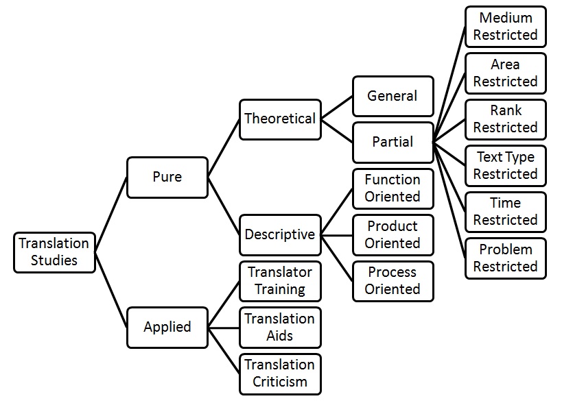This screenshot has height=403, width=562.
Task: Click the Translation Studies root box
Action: [55, 252]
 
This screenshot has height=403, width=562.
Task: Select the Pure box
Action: [167, 177]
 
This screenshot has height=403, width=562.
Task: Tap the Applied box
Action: [167, 327]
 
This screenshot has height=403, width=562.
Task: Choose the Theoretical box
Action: [280, 119]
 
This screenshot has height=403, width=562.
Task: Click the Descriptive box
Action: [280, 234]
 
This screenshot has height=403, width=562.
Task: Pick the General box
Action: [393, 96]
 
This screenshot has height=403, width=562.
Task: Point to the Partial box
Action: [393, 142]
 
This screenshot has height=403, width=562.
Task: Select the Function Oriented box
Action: [393, 188]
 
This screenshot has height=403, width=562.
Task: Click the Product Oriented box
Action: [393, 234]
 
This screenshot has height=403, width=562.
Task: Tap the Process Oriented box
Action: [393, 280]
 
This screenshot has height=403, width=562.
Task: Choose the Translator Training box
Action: [280, 280]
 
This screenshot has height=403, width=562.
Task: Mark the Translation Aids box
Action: [280, 327]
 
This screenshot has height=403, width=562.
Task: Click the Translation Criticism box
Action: [280, 373]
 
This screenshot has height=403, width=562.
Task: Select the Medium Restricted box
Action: [505, 27]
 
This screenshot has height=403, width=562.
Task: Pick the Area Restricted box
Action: [505, 73]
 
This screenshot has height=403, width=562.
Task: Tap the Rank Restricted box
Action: [505, 119]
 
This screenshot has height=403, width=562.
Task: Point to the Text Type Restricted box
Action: [505, 165]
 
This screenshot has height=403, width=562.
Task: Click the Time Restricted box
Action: [505, 211]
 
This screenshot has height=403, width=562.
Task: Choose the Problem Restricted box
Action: [505, 258]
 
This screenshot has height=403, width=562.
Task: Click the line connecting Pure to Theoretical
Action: [224, 147]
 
